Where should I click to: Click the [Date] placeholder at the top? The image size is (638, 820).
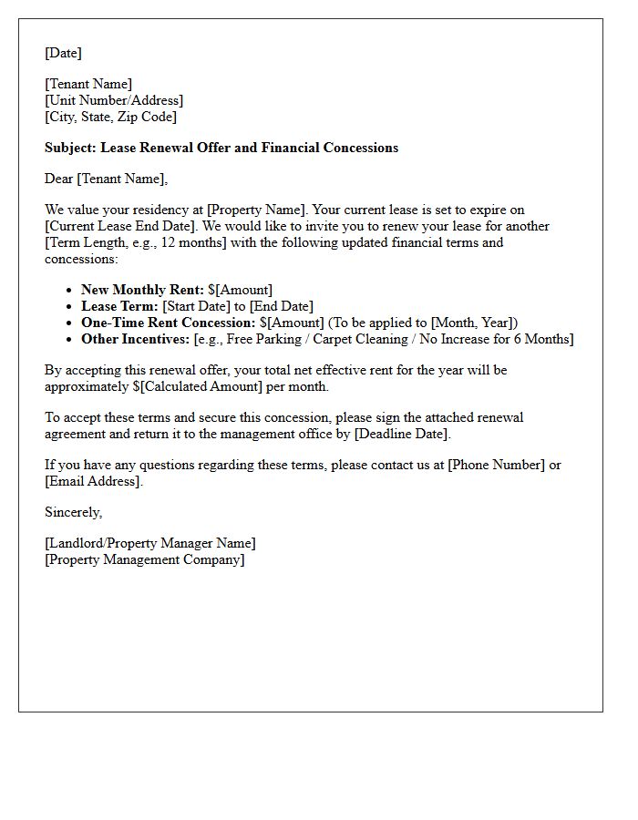(63, 53)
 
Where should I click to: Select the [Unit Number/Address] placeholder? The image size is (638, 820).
(114, 100)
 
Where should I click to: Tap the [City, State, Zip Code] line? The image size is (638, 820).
(110, 117)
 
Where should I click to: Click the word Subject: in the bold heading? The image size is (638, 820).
(71, 148)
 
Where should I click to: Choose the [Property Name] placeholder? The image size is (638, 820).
(256, 210)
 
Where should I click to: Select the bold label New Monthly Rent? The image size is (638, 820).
(142, 290)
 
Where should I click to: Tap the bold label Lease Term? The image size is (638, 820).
(119, 306)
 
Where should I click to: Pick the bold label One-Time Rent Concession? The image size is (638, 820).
(169, 323)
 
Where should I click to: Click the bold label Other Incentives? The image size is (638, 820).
(135, 339)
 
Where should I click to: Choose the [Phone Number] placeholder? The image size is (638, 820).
(496, 465)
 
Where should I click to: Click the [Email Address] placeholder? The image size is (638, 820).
(92, 481)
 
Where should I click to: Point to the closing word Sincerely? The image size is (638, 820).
(73, 512)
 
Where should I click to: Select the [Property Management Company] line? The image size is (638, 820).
(144, 559)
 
